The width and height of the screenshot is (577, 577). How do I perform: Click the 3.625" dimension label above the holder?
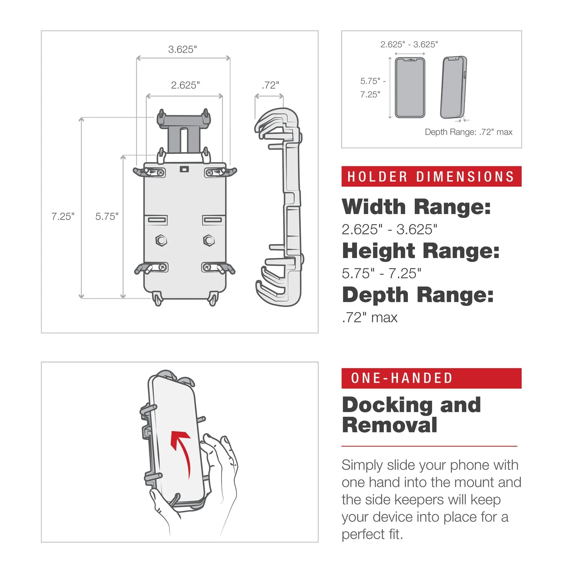pos(182,49)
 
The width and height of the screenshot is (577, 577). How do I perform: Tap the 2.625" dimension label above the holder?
pos(185,85)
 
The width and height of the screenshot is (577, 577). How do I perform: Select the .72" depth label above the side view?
pos(270,85)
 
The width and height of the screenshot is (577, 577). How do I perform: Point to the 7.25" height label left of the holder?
pos(63,216)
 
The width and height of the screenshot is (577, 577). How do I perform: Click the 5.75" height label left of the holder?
pos(107,216)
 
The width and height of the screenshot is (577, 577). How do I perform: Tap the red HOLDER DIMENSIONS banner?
pos(431,177)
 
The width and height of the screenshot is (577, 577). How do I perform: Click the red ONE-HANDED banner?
pos(431,378)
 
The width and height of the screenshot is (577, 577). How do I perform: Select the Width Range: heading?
pos(416,207)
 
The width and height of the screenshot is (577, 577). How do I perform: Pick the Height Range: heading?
pos(421,251)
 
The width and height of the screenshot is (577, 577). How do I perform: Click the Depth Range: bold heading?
pos(418,295)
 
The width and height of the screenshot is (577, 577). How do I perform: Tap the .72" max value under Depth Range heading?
pos(369,317)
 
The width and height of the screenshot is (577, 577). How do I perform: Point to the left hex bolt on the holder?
pos(161,240)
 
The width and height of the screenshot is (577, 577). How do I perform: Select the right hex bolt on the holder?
pos(209,240)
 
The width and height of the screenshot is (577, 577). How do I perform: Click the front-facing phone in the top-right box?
pos(410,87)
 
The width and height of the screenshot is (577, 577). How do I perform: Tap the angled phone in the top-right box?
pos(454,87)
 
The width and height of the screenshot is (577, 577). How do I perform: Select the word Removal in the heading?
pos(389,425)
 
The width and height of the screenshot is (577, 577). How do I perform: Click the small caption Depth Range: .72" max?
pos(468,132)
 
